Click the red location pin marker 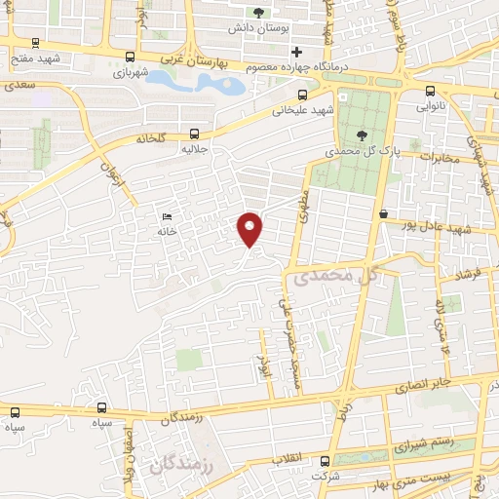[x=251, y=228]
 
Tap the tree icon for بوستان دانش [x=258, y=13]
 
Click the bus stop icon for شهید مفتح [x=37, y=42]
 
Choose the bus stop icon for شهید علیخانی [x=303, y=95]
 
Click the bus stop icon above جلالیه [x=194, y=134]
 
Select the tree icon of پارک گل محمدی [x=362, y=135]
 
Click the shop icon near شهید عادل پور [x=384, y=213]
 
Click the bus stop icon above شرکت [x=326, y=461]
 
